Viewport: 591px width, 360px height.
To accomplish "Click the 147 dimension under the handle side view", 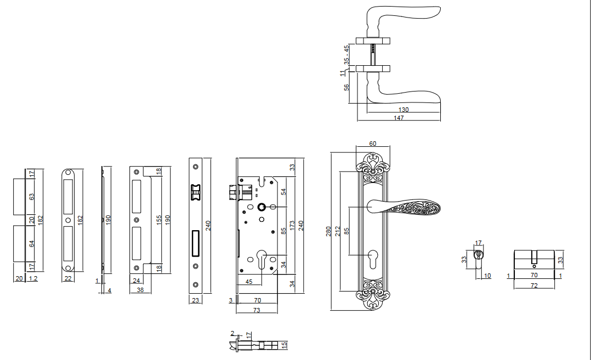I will [399, 118].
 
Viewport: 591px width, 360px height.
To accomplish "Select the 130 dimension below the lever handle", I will [404, 110].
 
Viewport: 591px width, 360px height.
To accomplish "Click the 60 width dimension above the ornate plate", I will [373, 144].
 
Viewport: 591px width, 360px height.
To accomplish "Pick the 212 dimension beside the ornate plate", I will [338, 231].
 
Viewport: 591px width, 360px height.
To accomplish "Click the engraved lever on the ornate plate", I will [406, 208].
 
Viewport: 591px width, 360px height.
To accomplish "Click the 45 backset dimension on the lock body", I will [248, 282].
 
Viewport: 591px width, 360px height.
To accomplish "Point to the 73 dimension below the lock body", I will [256, 310].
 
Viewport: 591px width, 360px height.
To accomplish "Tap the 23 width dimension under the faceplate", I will [196, 300].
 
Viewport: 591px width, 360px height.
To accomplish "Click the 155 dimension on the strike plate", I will [159, 219].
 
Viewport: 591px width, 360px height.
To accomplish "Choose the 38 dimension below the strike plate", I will [140, 290].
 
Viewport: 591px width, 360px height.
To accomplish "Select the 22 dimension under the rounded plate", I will [67, 278].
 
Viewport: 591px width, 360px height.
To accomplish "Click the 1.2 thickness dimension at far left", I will [33, 278].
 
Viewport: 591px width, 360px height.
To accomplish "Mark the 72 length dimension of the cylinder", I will [533, 286].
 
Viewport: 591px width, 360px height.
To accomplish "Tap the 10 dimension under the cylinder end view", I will [487, 275].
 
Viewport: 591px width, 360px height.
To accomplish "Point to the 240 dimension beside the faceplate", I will [208, 225].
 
